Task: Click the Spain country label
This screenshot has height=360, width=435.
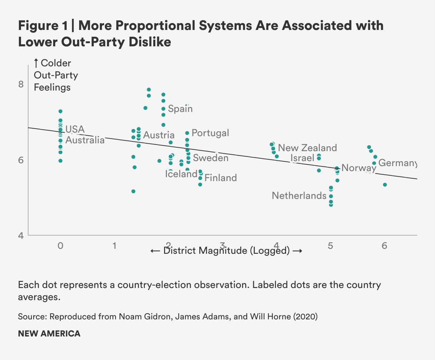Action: click(x=180, y=109)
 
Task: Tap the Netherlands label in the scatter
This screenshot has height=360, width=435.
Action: click(x=299, y=196)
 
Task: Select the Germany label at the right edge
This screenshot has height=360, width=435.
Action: click(x=397, y=163)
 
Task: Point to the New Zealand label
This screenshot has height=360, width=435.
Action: click(x=307, y=148)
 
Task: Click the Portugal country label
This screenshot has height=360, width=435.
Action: click(x=210, y=133)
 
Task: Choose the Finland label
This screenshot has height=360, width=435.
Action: click(x=221, y=178)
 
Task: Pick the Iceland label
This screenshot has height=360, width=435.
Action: click(x=181, y=174)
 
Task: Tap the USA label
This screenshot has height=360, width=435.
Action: click(x=75, y=129)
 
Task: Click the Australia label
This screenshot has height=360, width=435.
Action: click(x=85, y=140)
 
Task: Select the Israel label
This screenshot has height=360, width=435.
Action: click(x=302, y=158)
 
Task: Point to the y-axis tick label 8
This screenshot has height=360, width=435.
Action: click(x=21, y=84)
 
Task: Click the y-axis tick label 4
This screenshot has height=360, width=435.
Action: click(x=21, y=236)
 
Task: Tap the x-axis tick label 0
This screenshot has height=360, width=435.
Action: click(x=60, y=246)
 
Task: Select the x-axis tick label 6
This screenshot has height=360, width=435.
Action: click(x=384, y=246)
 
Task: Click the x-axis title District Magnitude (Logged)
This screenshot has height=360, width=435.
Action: click(x=226, y=251)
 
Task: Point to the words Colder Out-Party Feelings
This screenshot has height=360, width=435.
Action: click(x=56, y=75)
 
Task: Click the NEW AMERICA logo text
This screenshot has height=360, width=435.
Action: click(x=49, y=334)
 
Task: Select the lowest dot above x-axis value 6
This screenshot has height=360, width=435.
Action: click(x=385, y=185)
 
